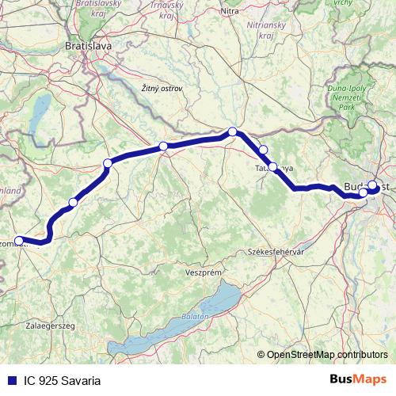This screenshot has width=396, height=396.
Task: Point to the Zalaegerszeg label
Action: click(x=51, y=326)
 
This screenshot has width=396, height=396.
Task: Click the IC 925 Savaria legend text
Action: click(x=63, y=381)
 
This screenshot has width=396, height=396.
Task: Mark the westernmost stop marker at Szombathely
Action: click(x=19, y=240)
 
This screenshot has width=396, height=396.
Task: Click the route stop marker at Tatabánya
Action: click(x=273, y=167)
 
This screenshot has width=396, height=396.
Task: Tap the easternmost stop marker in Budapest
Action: click(x=373, y=185)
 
